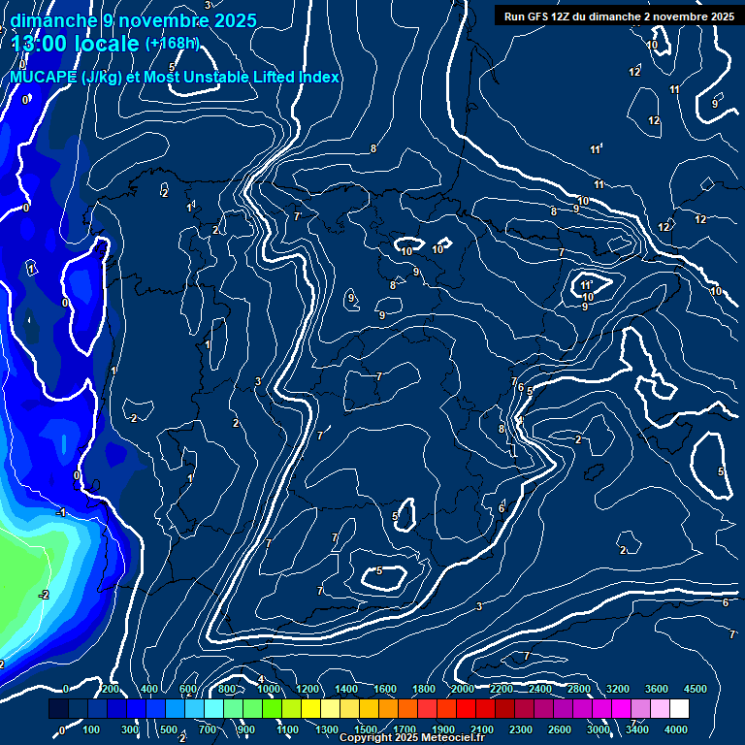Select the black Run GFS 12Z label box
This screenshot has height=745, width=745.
pyautogui.click(x=617, y=16)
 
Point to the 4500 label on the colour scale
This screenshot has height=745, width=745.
pyautogui.click(x=696, y=689)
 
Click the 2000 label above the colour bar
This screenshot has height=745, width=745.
pyautogui.click(x=463, y=689)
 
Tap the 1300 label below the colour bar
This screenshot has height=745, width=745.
pyautogui.click(x=327, y=729)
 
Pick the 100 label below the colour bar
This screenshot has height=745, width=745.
pyautogui.click(x=92, y=729)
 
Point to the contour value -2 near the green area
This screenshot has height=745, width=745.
pyautogui.click(x=44, y=595)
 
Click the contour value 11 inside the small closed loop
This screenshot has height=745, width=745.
pyautogui.click(x=586, y=285)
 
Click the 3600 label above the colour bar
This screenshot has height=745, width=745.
pyautogui.click(x=657, y=689)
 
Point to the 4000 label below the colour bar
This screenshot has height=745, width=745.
pyautogui.click(x=676, y=729)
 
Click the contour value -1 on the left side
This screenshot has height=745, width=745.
pyautogui.click(x=61, y=512)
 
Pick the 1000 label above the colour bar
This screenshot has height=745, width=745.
pyautogui.click(x=269, y=689)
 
